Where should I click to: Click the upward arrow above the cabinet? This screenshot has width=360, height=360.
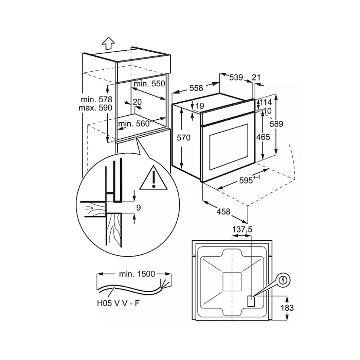coord(108,43)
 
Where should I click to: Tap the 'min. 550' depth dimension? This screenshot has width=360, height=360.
coord(150,84)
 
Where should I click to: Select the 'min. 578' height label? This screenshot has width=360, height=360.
coord(96,99)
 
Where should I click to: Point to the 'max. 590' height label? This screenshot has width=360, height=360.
coord(95,108)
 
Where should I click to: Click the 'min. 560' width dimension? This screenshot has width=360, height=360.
coord(134,124)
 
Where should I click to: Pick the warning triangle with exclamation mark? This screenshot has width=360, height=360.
coord(154,178)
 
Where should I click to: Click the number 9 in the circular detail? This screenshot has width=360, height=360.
coord(138,208)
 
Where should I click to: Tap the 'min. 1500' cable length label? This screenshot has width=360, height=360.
coord(137,274)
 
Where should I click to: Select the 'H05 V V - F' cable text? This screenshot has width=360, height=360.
coord(118,303)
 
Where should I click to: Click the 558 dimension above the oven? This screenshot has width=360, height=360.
coord(196,88)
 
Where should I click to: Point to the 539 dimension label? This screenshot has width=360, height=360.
coord(236,77)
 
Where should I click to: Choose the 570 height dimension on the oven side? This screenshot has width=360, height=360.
coord(184,138)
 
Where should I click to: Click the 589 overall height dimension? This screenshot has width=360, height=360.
coord(276,124)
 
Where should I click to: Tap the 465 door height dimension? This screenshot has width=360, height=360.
coord(263,137)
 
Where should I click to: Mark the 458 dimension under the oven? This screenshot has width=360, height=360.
coord(223,211)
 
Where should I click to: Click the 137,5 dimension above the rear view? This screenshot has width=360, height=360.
coord(242,229)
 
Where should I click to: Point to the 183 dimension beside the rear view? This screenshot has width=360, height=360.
coord(287,308)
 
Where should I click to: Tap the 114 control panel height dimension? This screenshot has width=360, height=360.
coord(266,102)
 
